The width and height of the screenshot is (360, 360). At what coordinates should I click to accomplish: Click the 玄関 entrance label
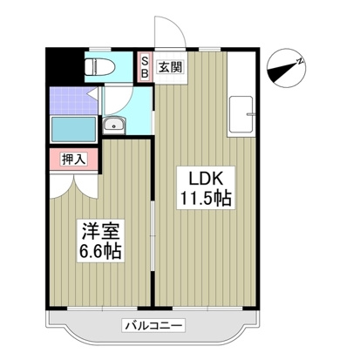tap(168, 65)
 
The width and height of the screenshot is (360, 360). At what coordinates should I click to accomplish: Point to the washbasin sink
tap(114, 126)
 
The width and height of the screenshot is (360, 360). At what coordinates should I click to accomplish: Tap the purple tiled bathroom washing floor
tap(66, 99)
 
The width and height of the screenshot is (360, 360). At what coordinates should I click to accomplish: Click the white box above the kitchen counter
tap(243, 71)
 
